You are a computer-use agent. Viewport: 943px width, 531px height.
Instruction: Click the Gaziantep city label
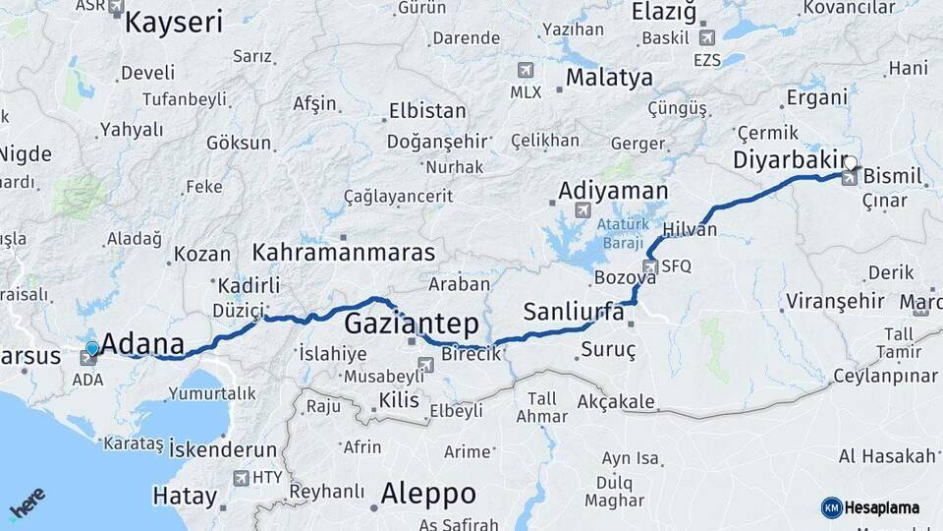tap(412, 324)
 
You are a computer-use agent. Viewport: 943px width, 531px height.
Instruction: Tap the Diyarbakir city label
tap(789, 159)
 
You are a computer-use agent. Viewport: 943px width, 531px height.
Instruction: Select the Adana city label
tap(142, 344)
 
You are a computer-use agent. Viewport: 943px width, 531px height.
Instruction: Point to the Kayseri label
tap(174, 22)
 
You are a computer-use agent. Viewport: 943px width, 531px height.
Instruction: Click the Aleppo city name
tap(427, 493)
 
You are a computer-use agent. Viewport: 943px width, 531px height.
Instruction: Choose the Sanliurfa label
tap(574, 313)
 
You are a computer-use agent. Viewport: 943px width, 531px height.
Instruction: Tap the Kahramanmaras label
tap(343, 252)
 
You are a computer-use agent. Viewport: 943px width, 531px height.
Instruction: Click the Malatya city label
tap(609, 77)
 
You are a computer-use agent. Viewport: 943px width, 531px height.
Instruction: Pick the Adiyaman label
tap(613, 191)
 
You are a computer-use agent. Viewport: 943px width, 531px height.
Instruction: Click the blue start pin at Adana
tap(92, 347)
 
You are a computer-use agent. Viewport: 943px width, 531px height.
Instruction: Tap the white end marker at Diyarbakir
tap(851, 163)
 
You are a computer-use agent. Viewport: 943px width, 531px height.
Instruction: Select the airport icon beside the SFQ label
tap(649, 266)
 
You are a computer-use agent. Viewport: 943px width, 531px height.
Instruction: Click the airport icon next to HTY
tap(241, 478)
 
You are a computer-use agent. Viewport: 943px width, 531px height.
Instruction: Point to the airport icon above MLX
tap(526, 71)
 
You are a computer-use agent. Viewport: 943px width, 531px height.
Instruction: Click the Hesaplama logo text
tap(881, 507)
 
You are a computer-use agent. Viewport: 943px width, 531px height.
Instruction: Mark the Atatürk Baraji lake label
tap(619, 232)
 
